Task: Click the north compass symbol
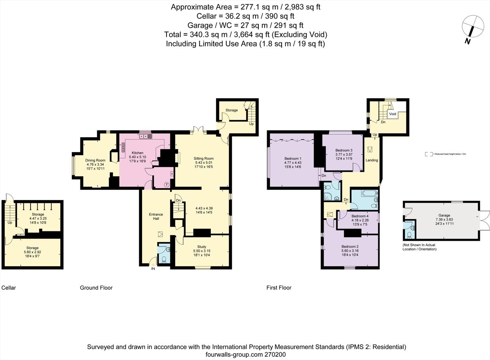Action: coord(472,27)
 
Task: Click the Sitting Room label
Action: coord(203,158)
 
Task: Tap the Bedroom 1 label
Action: coord(292,159)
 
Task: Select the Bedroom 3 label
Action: coord(344,150)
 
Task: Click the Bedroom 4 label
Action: coord(360,216)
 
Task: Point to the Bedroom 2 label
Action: coord(350,247)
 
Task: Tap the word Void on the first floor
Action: coord(392,114)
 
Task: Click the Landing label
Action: coord(372,160)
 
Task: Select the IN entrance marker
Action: coord(154,269)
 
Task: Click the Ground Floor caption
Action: coord(96,288)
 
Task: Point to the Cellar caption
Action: coord(9,288)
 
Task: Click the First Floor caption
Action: coord(279,288)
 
